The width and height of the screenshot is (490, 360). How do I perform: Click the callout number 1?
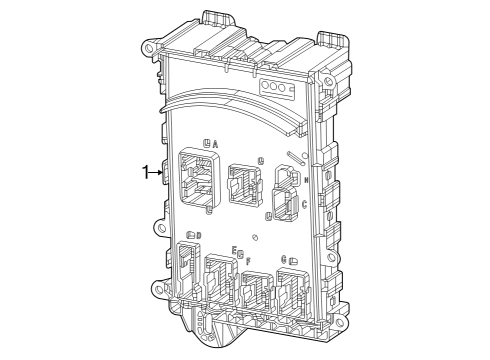click(x=145, y=172)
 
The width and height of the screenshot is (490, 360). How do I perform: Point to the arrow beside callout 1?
click(x=157, y=173)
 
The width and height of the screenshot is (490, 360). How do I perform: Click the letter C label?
click(x=304, y=206)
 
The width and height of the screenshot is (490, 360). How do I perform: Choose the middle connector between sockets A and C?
click(x=243, y=182)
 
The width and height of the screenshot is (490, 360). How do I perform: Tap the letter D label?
click(x=198, y=236)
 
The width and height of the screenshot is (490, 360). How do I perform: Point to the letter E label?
click(x=234, y=250)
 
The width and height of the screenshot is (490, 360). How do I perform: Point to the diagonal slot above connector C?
click(x=293, y=158)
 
